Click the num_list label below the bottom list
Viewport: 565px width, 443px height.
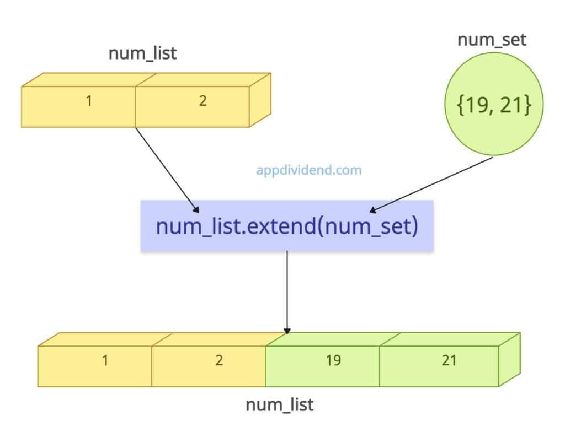(x=279, y=405)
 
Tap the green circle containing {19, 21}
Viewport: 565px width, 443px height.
(x=487, y=105)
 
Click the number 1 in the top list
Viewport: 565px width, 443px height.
(x=88, y=102)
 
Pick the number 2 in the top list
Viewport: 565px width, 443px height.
(x=202, y=102)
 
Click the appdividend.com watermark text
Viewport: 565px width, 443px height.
(x=309, y=170)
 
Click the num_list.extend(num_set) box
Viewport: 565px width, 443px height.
(x=287, y=226)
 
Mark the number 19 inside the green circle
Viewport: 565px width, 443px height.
(x=473, y=105)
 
